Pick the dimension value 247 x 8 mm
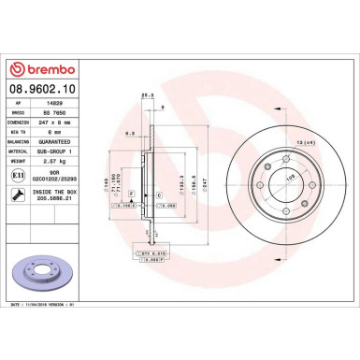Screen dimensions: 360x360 (60, 123)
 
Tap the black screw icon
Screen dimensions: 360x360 (20, 194)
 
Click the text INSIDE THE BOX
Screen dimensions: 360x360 (59, 192)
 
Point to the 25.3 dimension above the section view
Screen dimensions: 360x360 (146, 95)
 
